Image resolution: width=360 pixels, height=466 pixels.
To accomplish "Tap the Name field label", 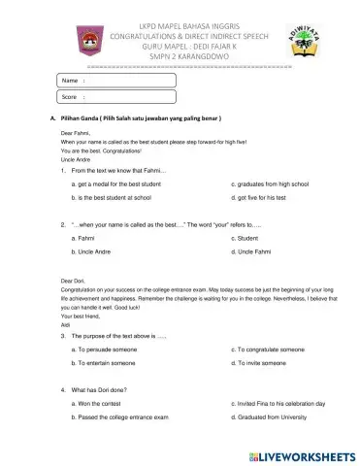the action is coord(69,80).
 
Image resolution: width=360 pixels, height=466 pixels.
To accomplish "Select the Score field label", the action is coord(70,98).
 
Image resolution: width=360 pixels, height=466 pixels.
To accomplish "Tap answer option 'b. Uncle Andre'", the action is coord(96,251).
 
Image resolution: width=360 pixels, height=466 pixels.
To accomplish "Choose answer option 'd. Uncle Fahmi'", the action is coord(253,251).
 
